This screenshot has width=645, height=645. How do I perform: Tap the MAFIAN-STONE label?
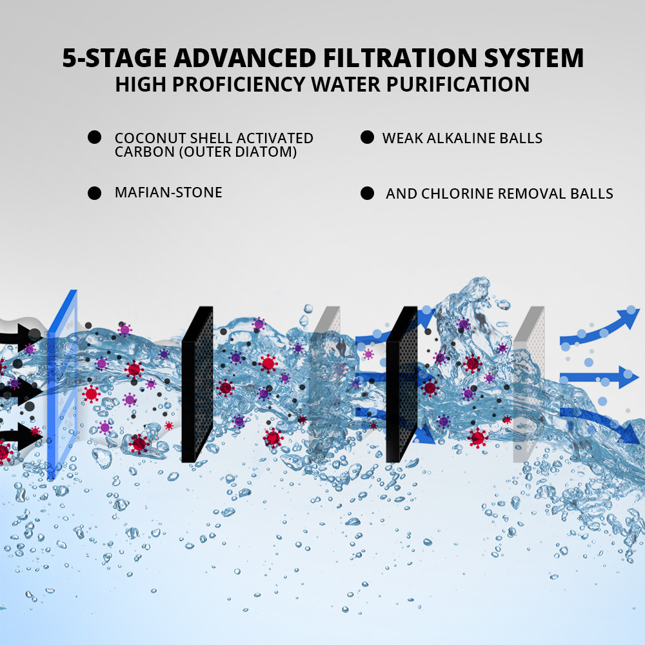click(168, 192)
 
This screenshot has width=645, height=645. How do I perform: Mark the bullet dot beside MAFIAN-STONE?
click(95, 193)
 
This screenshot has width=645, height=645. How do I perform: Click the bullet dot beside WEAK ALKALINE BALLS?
click(367, 137)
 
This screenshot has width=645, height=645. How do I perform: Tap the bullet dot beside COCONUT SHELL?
click(95, 137)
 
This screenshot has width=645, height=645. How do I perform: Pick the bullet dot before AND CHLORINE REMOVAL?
click(368, 193)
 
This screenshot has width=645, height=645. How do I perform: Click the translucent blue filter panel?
click(62, 387)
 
